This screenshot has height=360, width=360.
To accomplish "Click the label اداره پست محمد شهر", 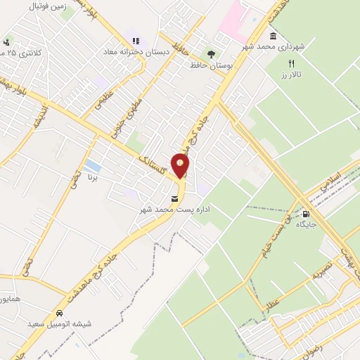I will point(175,210).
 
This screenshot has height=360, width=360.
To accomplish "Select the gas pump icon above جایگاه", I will point(305,214).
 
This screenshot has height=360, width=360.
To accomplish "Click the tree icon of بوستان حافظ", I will point(210,54).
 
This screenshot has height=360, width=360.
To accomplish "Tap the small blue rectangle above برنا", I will point(91,167).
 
